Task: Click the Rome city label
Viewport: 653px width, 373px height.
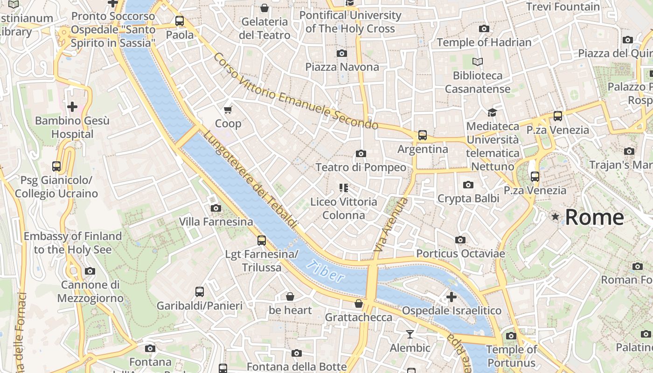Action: [x=594, y=217]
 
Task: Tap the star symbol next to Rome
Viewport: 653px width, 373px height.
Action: [x=555, y=217]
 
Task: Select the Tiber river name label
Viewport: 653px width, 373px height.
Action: [x=326, y=272]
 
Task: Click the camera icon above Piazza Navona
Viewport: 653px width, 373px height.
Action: [x=342, y=53]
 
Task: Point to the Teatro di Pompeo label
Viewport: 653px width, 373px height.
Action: [x=361, y=167]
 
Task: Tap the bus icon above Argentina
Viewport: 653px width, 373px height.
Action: [x=423, y=135]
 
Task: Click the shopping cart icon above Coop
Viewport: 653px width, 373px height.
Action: [x=228, y=110]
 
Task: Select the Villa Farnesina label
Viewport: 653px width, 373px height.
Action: [x=216, y=222]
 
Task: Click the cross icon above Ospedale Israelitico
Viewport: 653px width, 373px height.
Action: [x=451, y=297]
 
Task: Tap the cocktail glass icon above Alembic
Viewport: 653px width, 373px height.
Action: [x=410, y=334]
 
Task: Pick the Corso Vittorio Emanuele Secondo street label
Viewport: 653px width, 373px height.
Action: [x=296, y=92]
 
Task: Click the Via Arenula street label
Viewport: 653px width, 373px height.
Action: [x=391, y=225]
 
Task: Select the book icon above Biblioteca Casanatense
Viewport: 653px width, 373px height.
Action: [x=478, y=62]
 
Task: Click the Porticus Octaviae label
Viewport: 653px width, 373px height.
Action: [x=460, y=254]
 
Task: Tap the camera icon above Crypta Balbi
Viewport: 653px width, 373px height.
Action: [x=468, y=185]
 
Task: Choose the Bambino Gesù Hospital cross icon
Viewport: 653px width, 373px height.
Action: [x=72, y=107]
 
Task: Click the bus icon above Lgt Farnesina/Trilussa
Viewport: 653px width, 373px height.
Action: [x=262, y=241]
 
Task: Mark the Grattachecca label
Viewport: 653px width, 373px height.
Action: [x=358, y=318]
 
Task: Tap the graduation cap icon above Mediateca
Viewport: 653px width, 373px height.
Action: [x=492, y=112]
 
